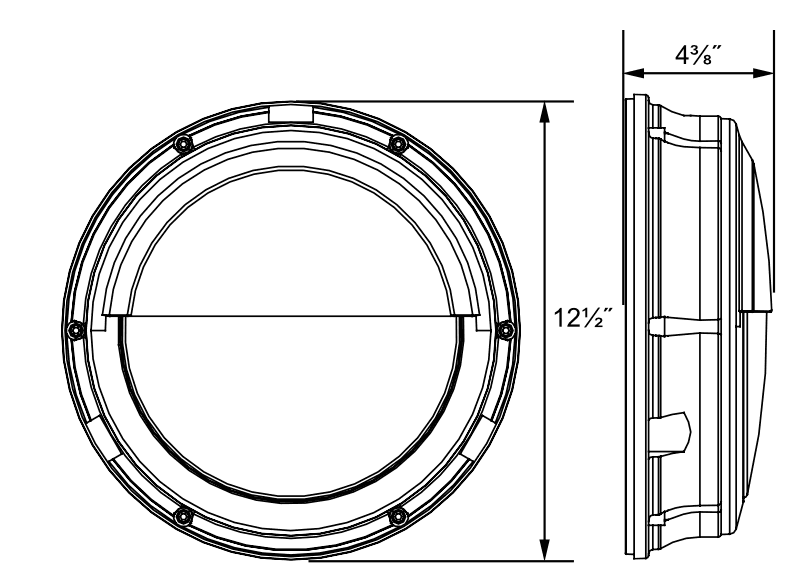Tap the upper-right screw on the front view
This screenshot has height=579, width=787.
point(397,142)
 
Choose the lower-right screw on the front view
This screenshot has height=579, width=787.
point(397,515)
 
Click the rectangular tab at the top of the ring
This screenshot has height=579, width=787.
point(289,111)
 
